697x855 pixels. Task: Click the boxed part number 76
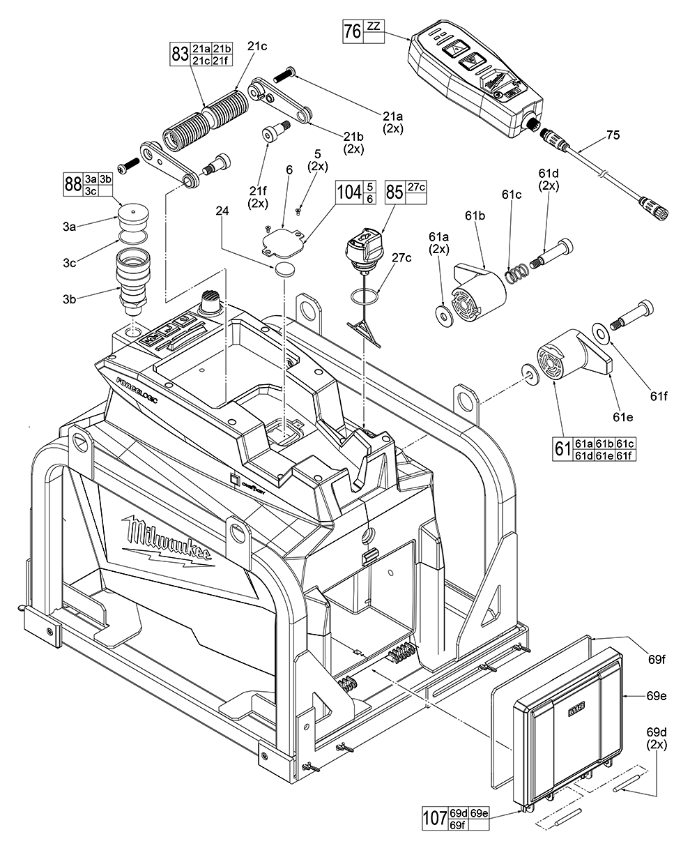pos(353,32)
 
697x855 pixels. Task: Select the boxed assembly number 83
pos(181,54)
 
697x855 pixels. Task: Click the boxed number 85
pos(395,193)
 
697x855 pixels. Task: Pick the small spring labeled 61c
pos(516,275)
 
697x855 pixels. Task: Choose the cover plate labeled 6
pos(283,241)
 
